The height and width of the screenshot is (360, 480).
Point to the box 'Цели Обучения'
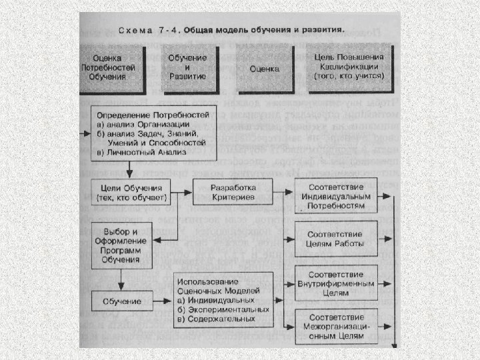[133, 193]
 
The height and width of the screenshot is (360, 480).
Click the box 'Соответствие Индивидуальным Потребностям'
[335, 195]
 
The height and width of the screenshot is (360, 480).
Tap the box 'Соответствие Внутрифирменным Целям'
[335, 283]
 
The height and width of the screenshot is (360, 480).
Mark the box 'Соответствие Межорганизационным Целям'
[335, 325]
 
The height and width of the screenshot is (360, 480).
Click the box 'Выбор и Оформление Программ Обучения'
[121, 242]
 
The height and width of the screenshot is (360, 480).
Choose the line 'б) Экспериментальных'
[223, 309]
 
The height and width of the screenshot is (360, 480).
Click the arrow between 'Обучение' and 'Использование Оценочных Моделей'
[162, 300]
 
